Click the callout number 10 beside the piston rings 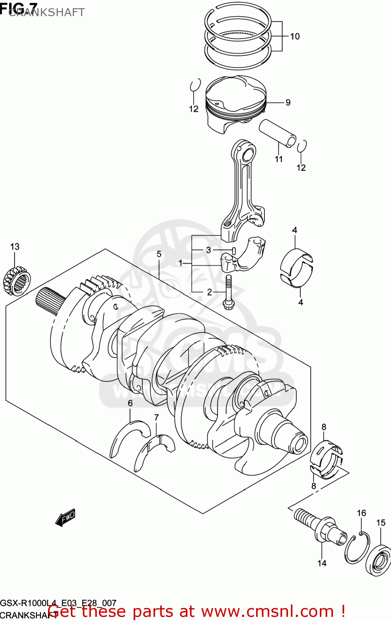(295, 36)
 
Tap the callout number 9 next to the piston (288, 103)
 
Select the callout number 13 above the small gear (15, 247)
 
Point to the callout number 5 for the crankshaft (159, 254)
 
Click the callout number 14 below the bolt (322, 563)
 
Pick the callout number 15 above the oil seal (381, 523)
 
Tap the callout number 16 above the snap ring (362, 513)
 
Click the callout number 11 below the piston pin (279, 159)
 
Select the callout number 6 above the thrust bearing (130, 403)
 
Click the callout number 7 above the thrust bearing (156, 417)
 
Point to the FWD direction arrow (65, 517)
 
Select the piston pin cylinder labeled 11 (277, 132)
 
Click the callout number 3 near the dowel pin (209, 250)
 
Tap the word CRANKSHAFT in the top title (46, 12)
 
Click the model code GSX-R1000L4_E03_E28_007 (58, 603)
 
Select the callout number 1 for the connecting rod (180, 263)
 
